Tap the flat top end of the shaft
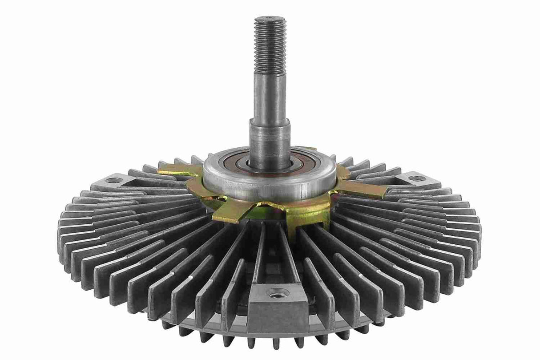270,18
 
